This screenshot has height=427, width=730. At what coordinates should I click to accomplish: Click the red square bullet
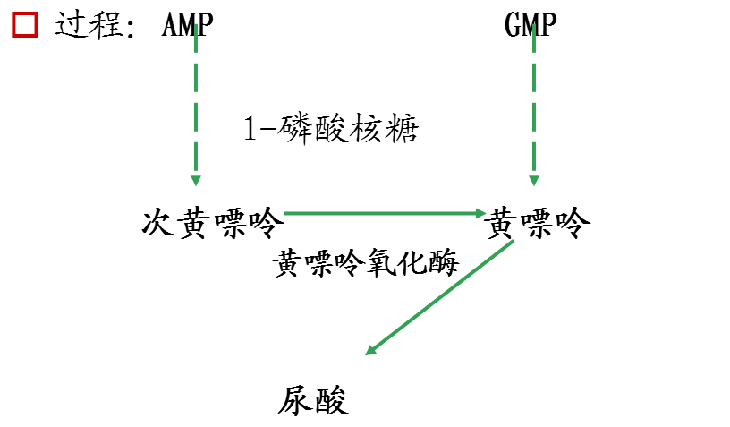[25, 24]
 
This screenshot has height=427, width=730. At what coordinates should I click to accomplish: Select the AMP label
[188, 24]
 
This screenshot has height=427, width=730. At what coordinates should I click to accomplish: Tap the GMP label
[531, 24]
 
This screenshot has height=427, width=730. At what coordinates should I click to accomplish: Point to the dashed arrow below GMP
[534, 107]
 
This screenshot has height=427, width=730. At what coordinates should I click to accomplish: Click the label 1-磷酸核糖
[331, 130]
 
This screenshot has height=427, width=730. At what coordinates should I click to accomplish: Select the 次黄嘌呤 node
[212, 223]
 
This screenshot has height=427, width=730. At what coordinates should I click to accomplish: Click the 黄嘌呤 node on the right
[537, 223]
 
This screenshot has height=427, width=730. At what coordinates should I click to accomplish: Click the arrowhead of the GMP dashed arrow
[534, 178]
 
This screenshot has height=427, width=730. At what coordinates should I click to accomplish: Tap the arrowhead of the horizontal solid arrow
[478, 213]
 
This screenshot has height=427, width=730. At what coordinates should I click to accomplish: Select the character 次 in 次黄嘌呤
[158, 223]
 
